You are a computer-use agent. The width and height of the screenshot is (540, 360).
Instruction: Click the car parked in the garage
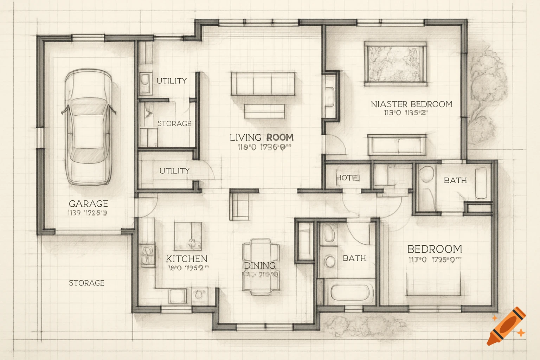coord(88,127)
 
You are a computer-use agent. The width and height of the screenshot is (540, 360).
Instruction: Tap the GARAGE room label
coord(88,204)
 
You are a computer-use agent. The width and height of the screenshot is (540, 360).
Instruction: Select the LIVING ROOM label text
coord(262,137)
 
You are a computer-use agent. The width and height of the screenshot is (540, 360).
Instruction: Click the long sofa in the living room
coord(263,83)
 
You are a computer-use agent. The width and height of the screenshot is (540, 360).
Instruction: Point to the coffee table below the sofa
coord(264,111)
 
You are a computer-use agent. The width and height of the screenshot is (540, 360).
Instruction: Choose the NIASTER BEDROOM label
coord(411,104)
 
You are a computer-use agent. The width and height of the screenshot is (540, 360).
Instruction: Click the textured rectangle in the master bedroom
coord(396,64)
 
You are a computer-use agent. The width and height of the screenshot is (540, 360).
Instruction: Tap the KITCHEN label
coord(187,259)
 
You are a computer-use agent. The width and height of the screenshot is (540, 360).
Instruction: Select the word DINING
coord(260,265)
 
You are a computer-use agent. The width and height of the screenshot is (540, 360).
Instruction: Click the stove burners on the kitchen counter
coord(147,255)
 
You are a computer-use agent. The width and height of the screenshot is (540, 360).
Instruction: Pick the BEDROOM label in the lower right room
coord(435,249)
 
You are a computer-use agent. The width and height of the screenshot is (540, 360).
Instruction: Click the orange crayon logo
coord(507,327)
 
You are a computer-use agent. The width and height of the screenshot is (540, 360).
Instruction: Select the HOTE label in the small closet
coord(348,178)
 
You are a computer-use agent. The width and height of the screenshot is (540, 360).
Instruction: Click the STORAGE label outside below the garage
coord(86,283)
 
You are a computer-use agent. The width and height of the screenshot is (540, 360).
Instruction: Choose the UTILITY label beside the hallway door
coord(174,171)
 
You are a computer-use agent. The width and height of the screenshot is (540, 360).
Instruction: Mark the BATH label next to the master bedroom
coord(455,180)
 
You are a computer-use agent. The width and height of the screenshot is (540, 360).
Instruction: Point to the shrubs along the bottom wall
coord(366,325)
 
